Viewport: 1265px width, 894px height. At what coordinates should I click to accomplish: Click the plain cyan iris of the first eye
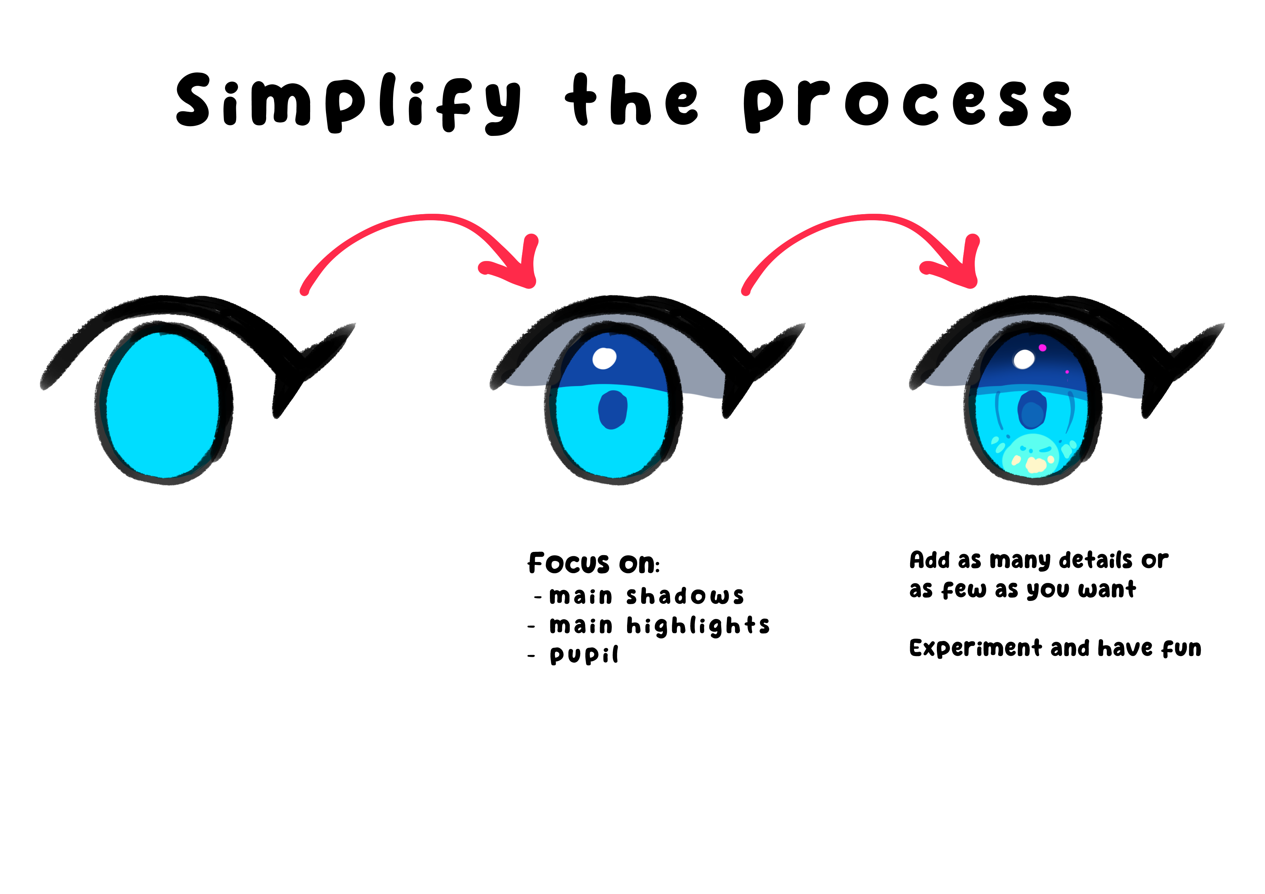[163, 405]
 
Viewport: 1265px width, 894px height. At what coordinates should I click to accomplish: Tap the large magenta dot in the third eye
[1043, 348]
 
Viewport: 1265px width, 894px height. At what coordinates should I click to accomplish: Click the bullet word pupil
[584, 655]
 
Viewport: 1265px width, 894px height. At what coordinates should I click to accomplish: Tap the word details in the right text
[1095, 560]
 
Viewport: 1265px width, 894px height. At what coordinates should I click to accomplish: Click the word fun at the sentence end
[1181, 648]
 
